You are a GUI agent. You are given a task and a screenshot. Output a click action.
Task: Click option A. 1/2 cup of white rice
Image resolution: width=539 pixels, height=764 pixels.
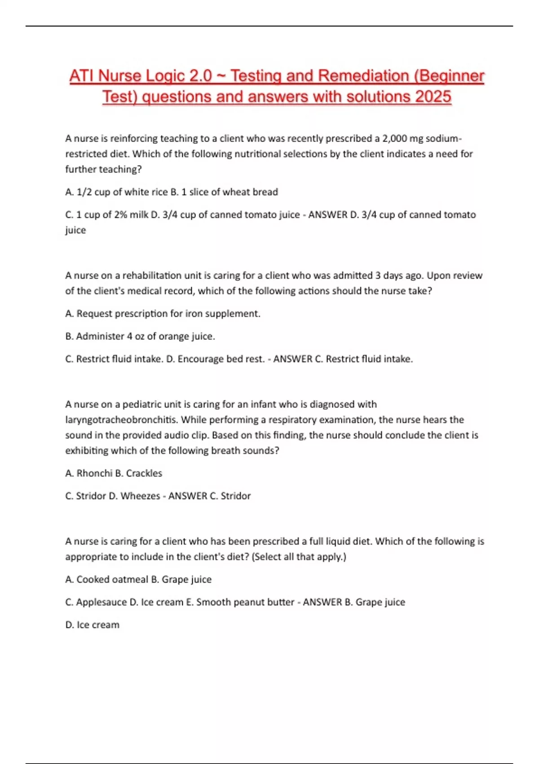(116, 192)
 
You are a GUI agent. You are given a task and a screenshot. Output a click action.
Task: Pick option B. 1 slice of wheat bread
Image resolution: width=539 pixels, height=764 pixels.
(224, 192)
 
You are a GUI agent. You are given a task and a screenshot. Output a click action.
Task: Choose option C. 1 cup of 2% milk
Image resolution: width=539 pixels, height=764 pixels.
(106, 215)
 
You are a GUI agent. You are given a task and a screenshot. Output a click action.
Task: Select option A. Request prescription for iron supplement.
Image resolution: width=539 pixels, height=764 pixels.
(163, 314)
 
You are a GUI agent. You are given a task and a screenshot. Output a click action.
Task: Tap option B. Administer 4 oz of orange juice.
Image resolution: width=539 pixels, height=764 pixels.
(140, 336)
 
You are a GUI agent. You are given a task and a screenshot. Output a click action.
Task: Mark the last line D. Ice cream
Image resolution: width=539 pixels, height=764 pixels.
(92, 625)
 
